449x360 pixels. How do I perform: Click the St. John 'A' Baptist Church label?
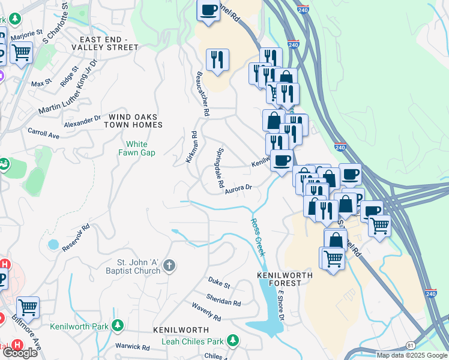pyautogui.click(x=139, y=266)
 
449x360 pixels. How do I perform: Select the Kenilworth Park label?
pyautogui.click(x=79, y=326)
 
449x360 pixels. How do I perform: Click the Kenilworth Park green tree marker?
pyautogui.click(x=119, y=326)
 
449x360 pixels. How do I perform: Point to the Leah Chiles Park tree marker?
pyautogui.click(x=231, y=341)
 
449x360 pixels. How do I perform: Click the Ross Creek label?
pyautogui.click(x=257, y=236)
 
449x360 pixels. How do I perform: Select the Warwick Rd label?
pyautogui.click(x=133, y=347)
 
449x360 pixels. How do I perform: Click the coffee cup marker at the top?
pyautogui.click(x=209, y=10)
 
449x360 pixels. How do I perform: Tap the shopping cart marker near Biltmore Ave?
pyautogui.click(x=28, y=307)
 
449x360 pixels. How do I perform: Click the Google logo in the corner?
pyautogui.click(x=20, y=353)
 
